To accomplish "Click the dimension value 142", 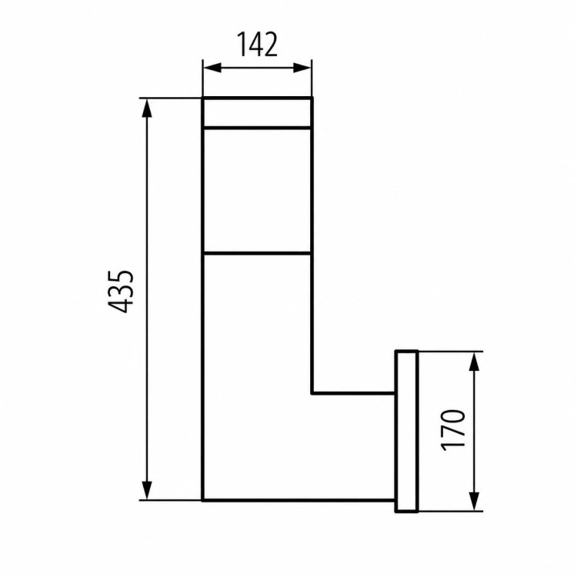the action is tap(257, 45).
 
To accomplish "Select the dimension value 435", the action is tap(120, 292).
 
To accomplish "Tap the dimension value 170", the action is tap(453, 430).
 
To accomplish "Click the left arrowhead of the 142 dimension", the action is tap(212, 68).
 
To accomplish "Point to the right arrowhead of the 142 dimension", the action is tap(302, 68).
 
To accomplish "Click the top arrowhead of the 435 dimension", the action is tap(147, 108).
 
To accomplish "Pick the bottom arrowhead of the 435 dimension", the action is tap(147, 490).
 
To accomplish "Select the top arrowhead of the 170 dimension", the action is tap(475, 362).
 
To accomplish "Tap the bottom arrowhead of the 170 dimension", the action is tap(475, 501).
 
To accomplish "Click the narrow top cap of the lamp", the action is tap(257, 113).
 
